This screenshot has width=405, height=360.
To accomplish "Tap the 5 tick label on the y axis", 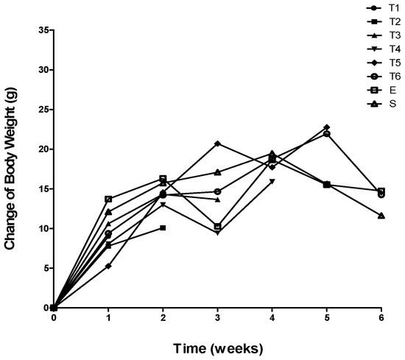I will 46,268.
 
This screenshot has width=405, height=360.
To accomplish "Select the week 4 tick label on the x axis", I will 272,318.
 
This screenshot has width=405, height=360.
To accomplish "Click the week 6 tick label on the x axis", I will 381,318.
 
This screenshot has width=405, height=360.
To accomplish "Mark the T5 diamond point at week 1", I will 108,266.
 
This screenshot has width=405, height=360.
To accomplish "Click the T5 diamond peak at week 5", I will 326,127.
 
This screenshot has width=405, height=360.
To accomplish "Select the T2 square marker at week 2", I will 163,227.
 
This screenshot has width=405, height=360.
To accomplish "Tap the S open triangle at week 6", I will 381,216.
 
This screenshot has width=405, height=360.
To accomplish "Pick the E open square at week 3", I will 217,227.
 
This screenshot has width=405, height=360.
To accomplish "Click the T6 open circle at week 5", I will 326,133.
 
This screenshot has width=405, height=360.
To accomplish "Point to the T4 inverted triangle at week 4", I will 272,181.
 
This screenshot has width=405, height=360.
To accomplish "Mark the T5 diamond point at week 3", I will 217,143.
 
